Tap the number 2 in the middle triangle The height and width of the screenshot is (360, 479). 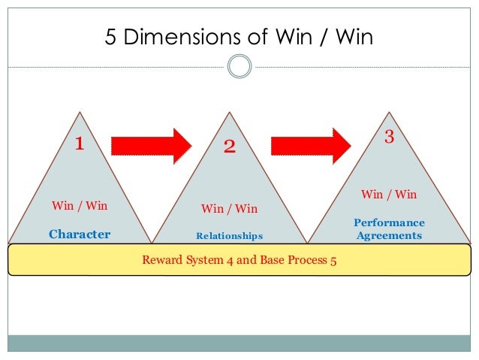pos(230,147)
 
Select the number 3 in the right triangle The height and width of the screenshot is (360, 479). pos(389,137)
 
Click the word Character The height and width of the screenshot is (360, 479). pos(80,234)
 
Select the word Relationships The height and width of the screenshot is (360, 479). pos(230,236)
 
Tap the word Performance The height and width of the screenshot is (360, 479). pos(389,223)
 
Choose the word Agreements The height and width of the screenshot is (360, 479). pos(389,235)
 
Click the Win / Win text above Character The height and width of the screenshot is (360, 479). pos(80,205)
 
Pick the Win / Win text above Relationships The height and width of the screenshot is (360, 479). pos(230,209)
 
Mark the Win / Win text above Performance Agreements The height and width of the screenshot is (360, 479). pos(389,195)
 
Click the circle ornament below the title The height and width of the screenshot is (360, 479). pos(239,67)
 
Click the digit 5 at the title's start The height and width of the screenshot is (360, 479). pos(110,37)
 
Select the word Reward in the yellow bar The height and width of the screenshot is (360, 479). pos(161,261)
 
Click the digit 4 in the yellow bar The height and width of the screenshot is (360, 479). pos(227,262)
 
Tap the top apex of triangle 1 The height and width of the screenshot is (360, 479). pos(80,113)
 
